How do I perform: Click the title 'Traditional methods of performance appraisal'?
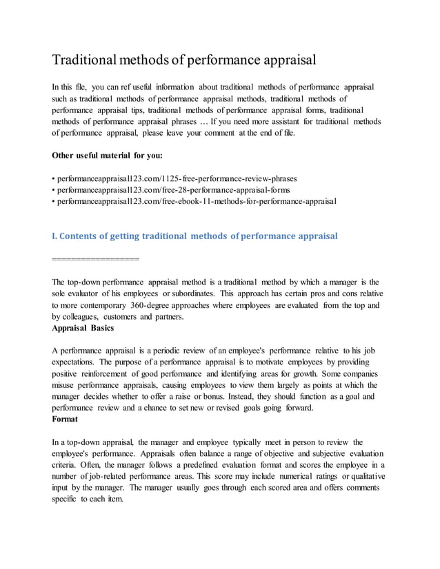[184, 59]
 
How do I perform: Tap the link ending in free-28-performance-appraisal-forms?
[172, 189]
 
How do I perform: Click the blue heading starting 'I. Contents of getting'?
[195, 236]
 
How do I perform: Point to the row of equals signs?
[95, 259]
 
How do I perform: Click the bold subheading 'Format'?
[65, 418]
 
